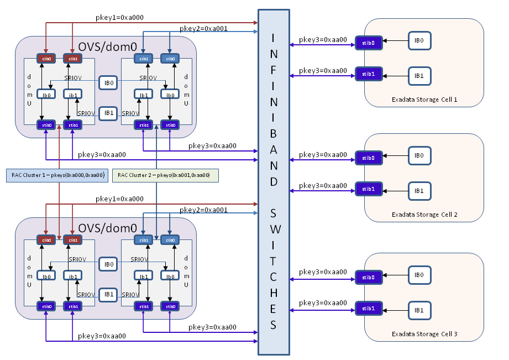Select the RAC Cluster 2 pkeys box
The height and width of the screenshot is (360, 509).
[165, 175]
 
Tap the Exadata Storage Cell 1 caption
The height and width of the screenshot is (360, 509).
[424, 100]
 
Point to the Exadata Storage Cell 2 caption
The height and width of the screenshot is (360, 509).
[424, 215]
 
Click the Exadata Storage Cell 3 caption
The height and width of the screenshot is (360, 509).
[424, 334]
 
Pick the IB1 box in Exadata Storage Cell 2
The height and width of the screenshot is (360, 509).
[419, 190]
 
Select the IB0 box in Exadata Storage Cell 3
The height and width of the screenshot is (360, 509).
[419, 275]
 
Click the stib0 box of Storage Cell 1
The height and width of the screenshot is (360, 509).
[369, 44]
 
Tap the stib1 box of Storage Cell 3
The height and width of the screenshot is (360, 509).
[369, 308]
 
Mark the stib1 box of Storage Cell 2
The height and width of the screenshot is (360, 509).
[369, 189]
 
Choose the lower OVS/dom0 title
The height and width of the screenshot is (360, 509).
[108, 228]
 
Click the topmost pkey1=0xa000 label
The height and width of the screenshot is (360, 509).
[119, 18]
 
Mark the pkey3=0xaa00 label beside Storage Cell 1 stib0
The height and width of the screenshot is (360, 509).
[323, 39]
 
